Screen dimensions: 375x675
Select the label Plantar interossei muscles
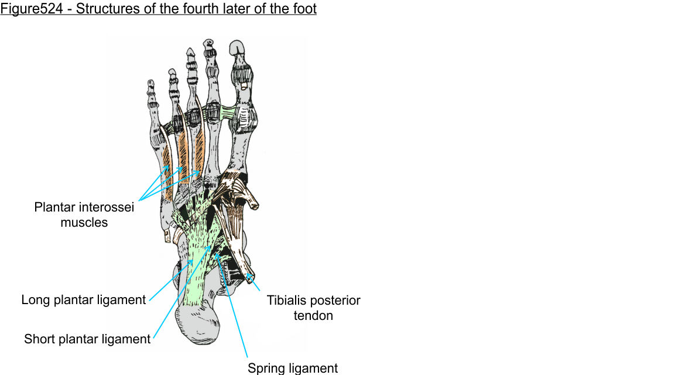[84, 215]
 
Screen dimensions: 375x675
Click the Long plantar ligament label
[84, 301]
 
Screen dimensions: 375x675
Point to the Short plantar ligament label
[87, 339]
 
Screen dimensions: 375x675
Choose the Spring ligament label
[293, 369]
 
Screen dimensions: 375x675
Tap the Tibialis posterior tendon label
[314, 308]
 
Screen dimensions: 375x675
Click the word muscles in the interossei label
[84, 223]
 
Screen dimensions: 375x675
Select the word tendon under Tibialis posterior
[314, 316]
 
